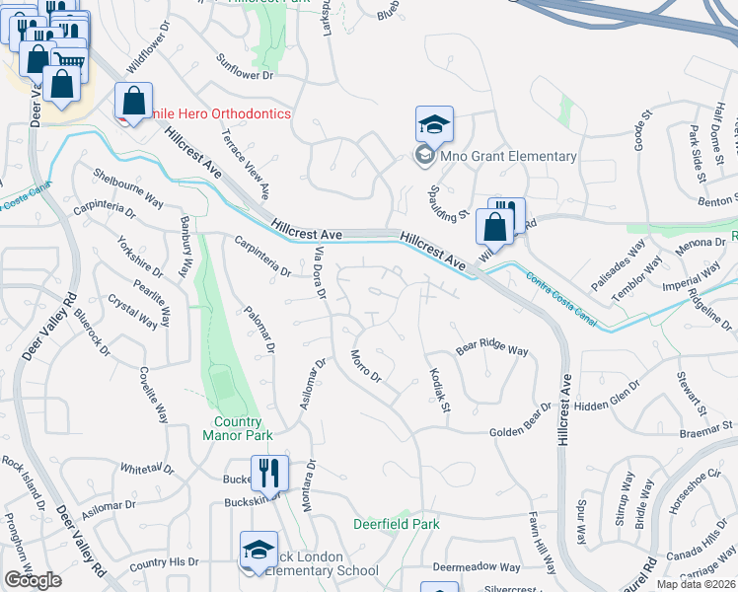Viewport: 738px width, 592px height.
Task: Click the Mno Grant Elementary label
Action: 506,156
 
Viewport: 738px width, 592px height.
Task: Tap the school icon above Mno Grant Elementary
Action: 434,125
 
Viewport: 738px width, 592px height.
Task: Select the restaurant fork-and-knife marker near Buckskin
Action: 267,472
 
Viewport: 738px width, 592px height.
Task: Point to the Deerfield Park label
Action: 397,524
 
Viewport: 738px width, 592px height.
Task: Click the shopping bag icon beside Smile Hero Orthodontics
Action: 132,101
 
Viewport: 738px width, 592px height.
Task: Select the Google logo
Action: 33,580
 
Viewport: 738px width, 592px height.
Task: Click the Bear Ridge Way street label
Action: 492,350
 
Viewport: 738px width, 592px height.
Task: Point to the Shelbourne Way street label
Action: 128,185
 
